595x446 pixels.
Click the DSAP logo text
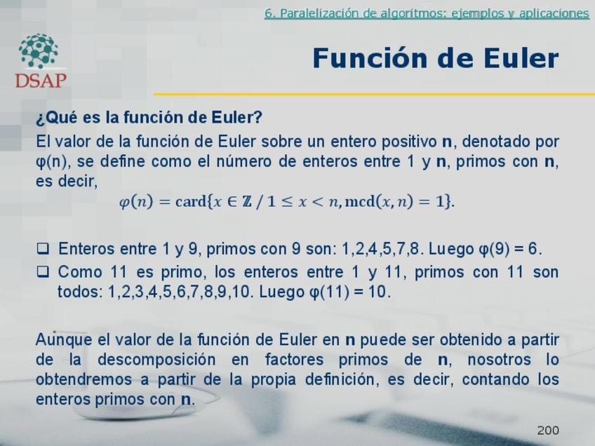click(x=41, y=80)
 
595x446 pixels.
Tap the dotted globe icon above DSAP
click(x=39, y=51)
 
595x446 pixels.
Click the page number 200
click(x=548, y=430)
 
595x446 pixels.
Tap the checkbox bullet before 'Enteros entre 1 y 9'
click(x=43, y=248)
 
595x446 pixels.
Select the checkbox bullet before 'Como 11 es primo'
click(x=43, y=272)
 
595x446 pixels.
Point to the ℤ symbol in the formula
click(x=247, y=201)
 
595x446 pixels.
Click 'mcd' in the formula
click(x=360, y=201)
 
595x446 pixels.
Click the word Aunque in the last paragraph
click(x=64, y=339)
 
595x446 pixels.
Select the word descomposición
click(x=156, y=360)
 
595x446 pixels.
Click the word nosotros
click(x=499, y=360)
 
